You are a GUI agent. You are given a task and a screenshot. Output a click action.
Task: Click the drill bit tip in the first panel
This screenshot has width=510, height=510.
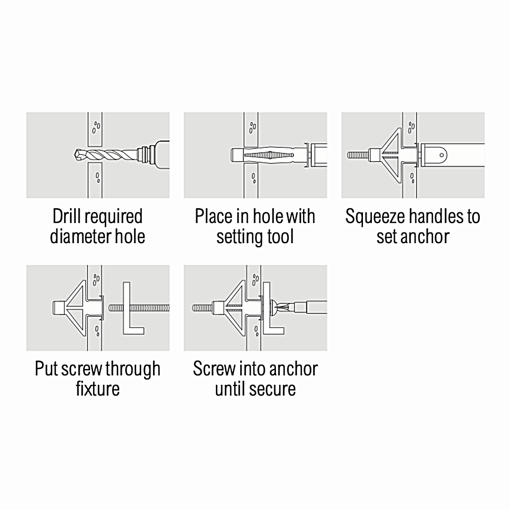pos(76,154)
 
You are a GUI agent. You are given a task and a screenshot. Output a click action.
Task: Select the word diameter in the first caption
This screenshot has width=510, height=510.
pos(80,236)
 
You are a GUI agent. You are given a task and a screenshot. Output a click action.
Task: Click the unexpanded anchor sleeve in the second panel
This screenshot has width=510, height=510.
pos(268,155)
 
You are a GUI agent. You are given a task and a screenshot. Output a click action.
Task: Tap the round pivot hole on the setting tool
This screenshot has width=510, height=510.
pos(442,155)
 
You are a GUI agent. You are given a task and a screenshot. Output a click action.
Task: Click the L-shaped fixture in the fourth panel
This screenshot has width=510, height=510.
pos(133,308)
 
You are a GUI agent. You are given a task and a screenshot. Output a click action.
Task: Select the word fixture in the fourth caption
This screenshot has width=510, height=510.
pos(98,388)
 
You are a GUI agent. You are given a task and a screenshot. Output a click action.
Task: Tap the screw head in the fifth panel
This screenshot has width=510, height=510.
pos(274,308)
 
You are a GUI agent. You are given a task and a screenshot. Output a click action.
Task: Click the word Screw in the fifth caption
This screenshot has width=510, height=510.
pos(214,368)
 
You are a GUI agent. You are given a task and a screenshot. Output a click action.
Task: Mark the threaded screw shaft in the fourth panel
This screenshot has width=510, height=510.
pos(139,308)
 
